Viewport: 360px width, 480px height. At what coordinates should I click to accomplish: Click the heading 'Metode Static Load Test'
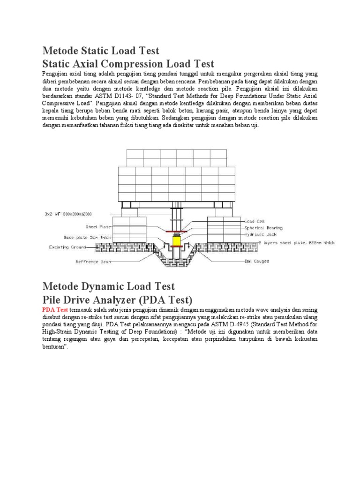[x=101, y=51]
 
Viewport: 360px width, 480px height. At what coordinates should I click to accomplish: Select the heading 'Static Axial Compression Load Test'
[x=128, y=64]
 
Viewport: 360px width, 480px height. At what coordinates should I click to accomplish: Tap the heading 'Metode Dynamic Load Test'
[x=108, y=286]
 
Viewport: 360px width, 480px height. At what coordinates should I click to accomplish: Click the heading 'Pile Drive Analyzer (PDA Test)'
[x=117, y=300]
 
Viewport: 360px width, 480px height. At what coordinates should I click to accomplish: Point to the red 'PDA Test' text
[x=55, y=310]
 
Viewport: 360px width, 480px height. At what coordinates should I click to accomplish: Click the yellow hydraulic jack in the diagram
[x=177, y=241]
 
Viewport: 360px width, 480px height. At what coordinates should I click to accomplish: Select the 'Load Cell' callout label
[x=255, y=220]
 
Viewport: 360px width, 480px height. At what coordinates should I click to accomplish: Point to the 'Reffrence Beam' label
[x=94, y=262]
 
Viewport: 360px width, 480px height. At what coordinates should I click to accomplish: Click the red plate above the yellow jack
[x=177, y=230]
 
